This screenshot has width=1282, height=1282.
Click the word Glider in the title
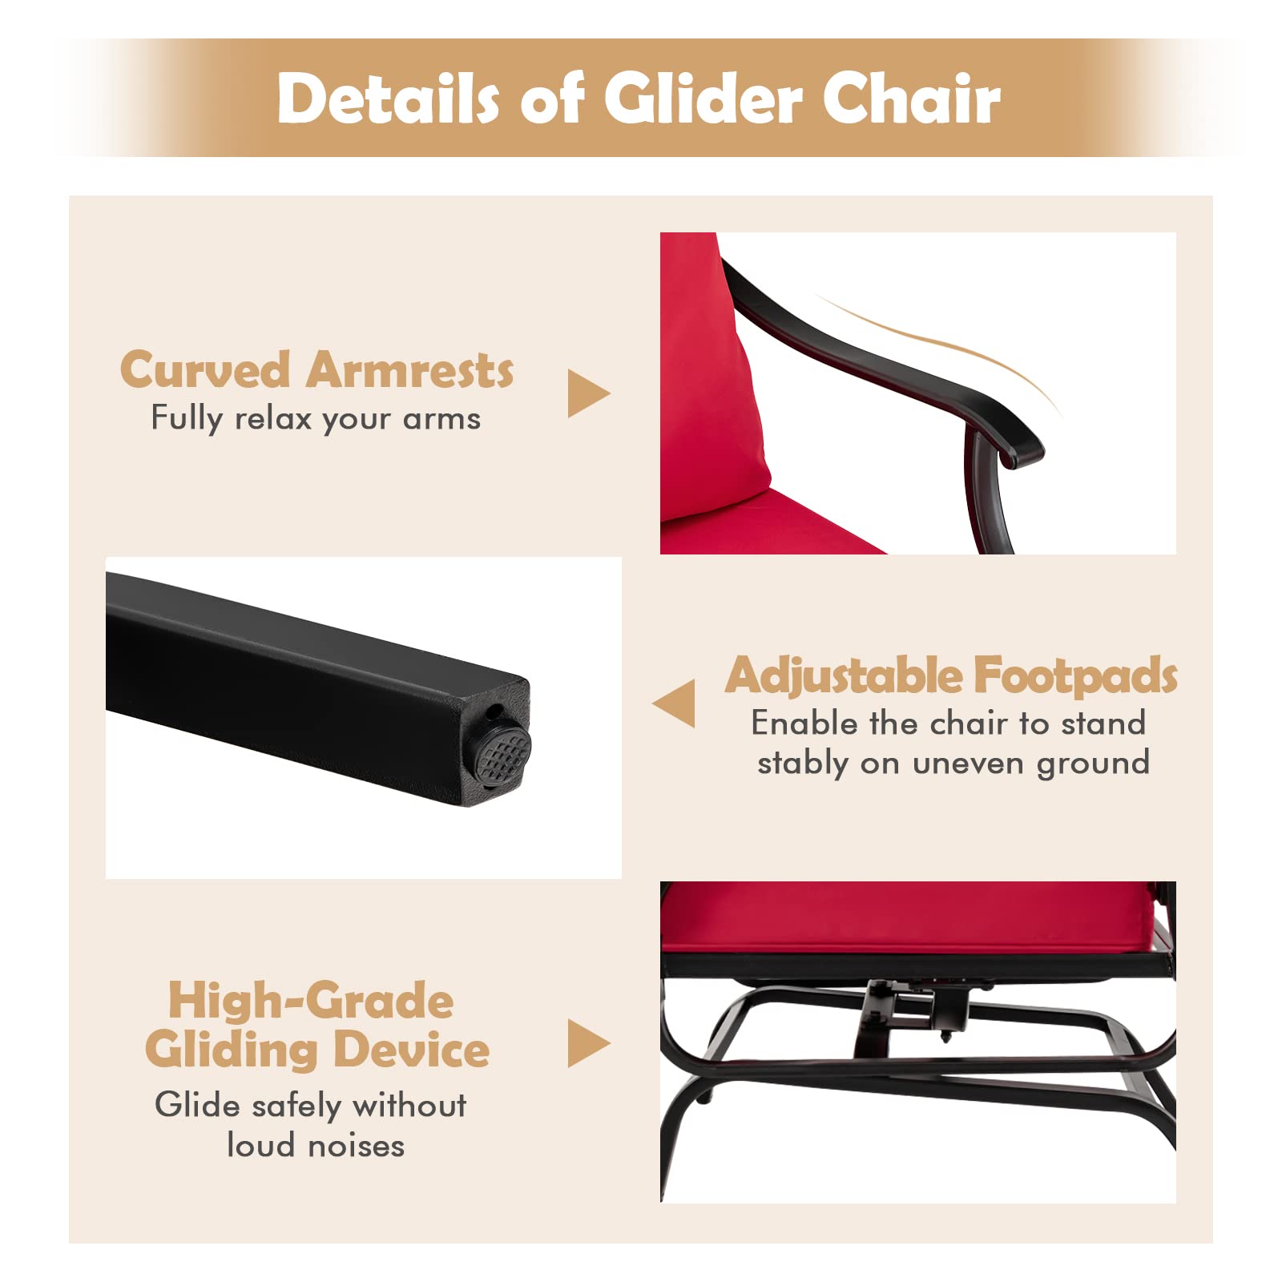[702, 98]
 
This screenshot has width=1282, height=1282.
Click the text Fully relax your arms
[316, 418]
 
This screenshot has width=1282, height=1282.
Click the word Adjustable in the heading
[843, 676]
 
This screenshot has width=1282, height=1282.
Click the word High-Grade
[311, 1002]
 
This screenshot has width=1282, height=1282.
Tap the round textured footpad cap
[502, 754]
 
